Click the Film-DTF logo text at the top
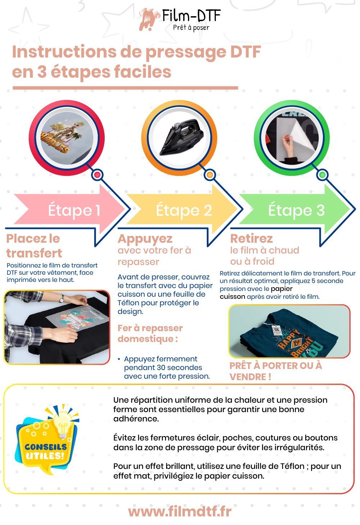(x=191, y=16)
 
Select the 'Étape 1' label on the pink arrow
(x=74, y=210)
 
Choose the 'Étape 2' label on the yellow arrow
(x=184, y=210)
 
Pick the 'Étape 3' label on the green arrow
(x=296, y=210)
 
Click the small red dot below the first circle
(x=97, y=175)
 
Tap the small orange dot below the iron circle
(x=210, y=175)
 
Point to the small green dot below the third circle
(x=322, y=175)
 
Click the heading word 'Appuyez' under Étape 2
(x=145, y=239)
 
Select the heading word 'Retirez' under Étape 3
(x=251, y=239)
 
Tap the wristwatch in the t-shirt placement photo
(x=61, y=298)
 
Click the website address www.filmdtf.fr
(x=180, y=512)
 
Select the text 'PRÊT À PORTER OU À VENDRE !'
(x=275, y=371)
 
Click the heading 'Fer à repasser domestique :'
(x=150, y=333)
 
